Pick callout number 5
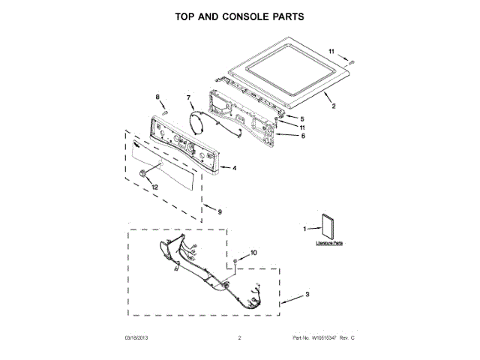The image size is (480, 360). click(303, 118)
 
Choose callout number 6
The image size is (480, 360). click(303, 136)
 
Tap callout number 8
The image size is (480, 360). click(157, 97)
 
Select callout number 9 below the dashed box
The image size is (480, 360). click(220, 212)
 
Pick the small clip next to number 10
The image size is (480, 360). click(235, 260)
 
